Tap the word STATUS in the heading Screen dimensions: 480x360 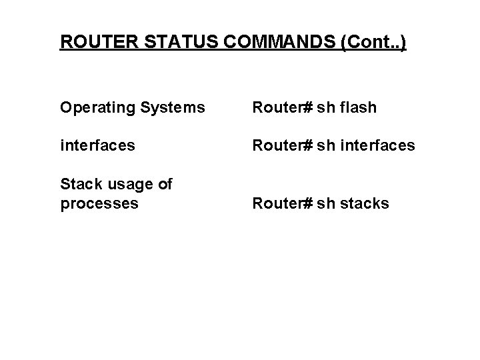[x=165, y=42]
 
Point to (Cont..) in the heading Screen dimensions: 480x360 [x=373, y=42]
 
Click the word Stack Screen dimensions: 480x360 [x=78, y=184]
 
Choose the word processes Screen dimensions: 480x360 [x=99, y=203]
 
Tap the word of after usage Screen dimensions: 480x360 [x=164, y=184]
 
